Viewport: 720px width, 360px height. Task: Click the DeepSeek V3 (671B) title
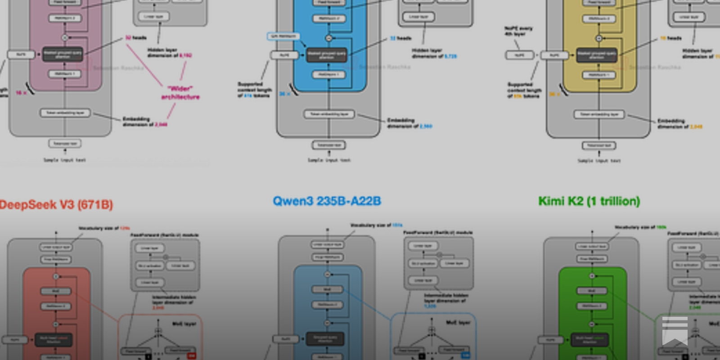point(56,205)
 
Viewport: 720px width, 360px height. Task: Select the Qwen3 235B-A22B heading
point(327,201)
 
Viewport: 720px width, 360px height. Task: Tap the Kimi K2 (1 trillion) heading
point(589,201)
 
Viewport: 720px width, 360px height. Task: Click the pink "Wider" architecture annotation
point(180,93)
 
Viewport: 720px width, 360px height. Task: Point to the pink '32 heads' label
point(135,38)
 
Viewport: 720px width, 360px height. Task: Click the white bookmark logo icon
point(675,331)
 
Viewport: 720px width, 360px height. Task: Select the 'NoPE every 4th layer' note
point(518,31)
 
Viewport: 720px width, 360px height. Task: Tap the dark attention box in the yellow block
point(597,55)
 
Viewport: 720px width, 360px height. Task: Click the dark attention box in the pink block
point(63,54)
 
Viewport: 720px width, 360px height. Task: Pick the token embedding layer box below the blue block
point(329,114)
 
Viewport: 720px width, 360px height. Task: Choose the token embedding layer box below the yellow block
point(599,114)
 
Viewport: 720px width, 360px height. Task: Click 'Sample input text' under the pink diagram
point(64,160)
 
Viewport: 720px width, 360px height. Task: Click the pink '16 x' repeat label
point(21,93)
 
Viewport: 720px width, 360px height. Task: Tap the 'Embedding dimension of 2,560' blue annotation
point(409,123)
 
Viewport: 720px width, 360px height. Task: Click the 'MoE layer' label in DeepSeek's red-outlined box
point(184,324)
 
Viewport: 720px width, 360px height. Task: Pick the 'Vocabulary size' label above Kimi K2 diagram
point(640,227)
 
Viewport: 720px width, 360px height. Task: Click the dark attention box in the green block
point(590,340)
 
